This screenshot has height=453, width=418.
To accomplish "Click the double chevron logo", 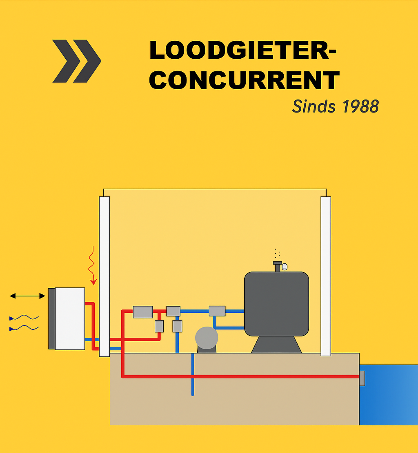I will pyautogui.click(x=77, y=61).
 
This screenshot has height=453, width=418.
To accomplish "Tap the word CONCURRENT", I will pyautogui.click(x=244, y=80).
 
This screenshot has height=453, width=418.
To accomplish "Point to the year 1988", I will pyautogui.click(x=360, y=106).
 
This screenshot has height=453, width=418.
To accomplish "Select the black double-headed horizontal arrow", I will pyautogui.click(x=27, y=296).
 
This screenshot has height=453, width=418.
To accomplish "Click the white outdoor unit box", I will pyautogui.click(x=70, y=318).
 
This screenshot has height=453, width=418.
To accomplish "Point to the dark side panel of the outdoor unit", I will pyautogui.click(x=51, y=318).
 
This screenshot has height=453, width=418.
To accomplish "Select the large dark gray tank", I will pyautogui.click(x=276, y=304).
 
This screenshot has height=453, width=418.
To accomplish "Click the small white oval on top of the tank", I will pyautogui.click(x=285, y=267).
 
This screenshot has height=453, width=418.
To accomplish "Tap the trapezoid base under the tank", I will pyautogui.click(x=276, y=345).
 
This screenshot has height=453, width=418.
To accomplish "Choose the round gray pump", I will pyautogui.click(x=207, y=338).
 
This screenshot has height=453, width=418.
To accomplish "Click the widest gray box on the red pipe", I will pyautogui.click(x=143, y=312).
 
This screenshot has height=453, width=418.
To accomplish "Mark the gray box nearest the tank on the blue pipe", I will pyautogui.click(x=217, y=311).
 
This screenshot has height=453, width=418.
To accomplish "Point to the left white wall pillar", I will pyautogui.click(x=104, y=276).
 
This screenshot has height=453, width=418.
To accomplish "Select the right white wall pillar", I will pyautogui.click(x=326, y=276).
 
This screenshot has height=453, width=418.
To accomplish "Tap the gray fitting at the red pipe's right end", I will pyautogui.click(x=362, y=378).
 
